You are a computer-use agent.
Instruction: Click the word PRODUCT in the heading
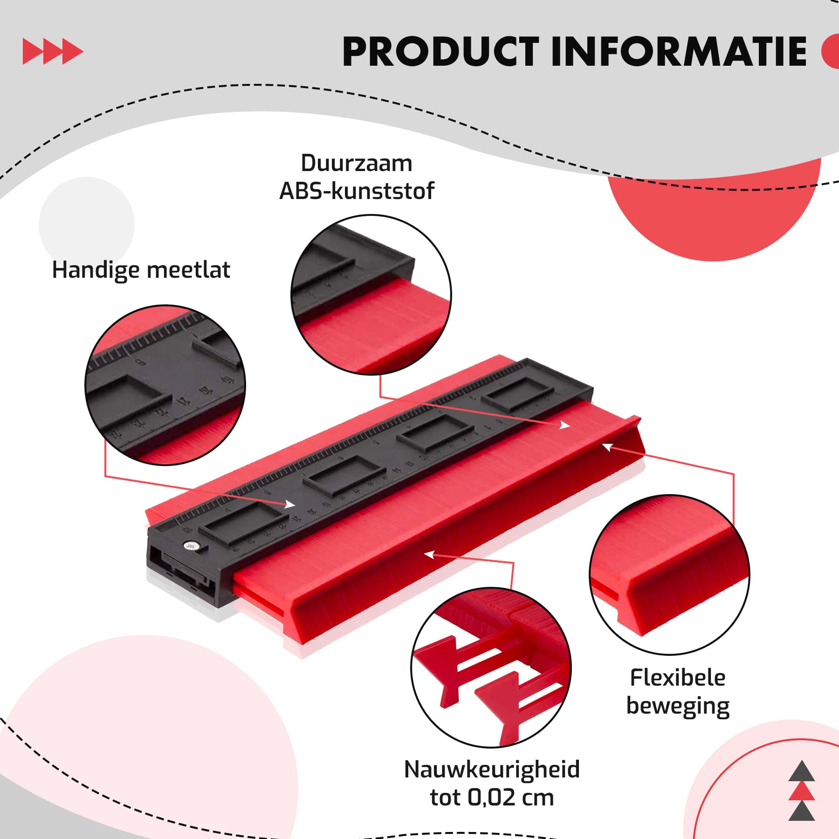tap(440, 52)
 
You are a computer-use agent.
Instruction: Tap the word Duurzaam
tap(357, 164)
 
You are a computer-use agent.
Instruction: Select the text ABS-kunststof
tap(357, 191)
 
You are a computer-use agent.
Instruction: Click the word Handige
tap(96, 270)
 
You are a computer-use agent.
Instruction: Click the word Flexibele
tap(678, 678)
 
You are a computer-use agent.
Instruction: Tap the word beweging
tap(678, 706)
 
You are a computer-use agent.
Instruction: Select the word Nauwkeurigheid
tap(492, 770)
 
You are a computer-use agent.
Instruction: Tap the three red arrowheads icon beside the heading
tap(53, 52)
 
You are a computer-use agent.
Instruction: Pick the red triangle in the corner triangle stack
tap(801, 791)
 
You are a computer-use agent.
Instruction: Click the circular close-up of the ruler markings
tap(165, 385)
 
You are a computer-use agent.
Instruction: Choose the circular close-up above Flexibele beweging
tap(669, 574)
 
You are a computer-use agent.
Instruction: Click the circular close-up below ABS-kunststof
tap(371, 295)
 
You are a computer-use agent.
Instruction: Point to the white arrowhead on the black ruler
tap(289, 504)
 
